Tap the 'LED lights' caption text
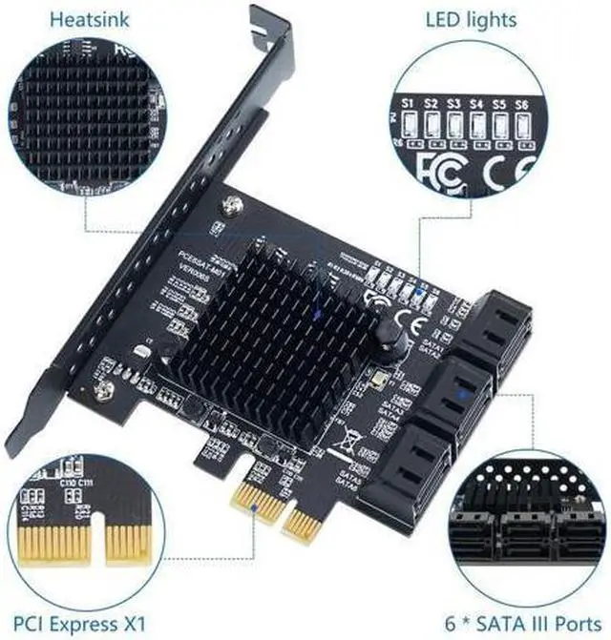pyautogui.click(x=471, y=18)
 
